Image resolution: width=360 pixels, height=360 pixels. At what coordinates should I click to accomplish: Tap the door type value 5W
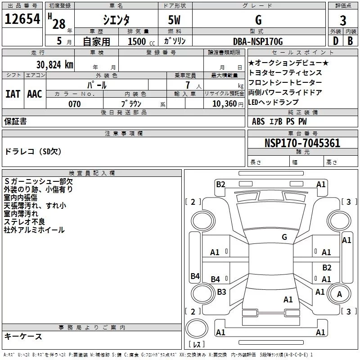click(x=175, y=21)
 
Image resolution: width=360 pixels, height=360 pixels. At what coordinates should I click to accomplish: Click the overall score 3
click(x=343, y=21)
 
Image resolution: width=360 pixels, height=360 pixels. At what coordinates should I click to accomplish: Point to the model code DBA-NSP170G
click(x=258, y=41)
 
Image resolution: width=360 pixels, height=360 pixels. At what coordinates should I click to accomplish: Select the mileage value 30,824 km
click(x=52, y=65)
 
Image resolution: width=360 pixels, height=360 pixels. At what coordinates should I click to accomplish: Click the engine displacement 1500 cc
click(x=140, y=42)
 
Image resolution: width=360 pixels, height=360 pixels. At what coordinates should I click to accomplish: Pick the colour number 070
click(x=75, y=104)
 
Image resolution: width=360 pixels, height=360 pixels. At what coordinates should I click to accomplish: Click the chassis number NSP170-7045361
click(x=302, y=144)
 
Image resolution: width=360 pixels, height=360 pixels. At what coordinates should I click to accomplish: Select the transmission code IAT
click(x=13, y=94)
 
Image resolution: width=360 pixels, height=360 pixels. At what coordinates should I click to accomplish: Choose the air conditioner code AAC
click(x=34, y=94)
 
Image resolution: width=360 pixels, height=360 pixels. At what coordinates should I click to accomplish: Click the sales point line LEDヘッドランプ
click(x=273, y=102)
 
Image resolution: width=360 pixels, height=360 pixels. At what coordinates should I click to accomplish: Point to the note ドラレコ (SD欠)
click(x=33, y=152)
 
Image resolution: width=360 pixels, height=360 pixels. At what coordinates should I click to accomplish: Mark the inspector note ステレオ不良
click(x=24, y=222)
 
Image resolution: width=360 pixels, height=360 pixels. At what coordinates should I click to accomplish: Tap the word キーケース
click(x=23, y=336)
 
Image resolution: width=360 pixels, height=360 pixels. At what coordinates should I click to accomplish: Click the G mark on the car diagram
click(x=284, y=237)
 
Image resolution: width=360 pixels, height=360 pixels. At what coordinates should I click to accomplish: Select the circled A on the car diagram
click(x=339, y=294)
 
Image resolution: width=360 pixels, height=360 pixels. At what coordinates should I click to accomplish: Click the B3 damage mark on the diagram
click(x=221, y=292)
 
